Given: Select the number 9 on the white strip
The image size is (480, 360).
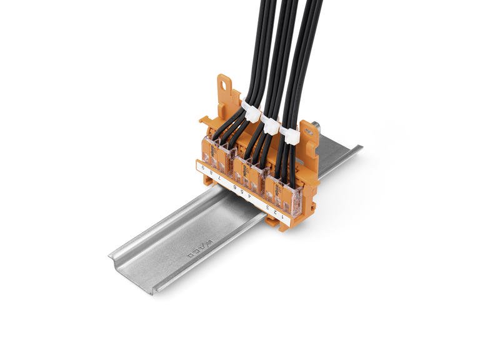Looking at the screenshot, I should (204, 167).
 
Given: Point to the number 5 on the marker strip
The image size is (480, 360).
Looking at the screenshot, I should (242, 191).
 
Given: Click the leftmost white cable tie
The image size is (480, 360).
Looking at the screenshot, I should (251, 113).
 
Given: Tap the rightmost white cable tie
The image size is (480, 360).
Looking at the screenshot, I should (289, 134).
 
